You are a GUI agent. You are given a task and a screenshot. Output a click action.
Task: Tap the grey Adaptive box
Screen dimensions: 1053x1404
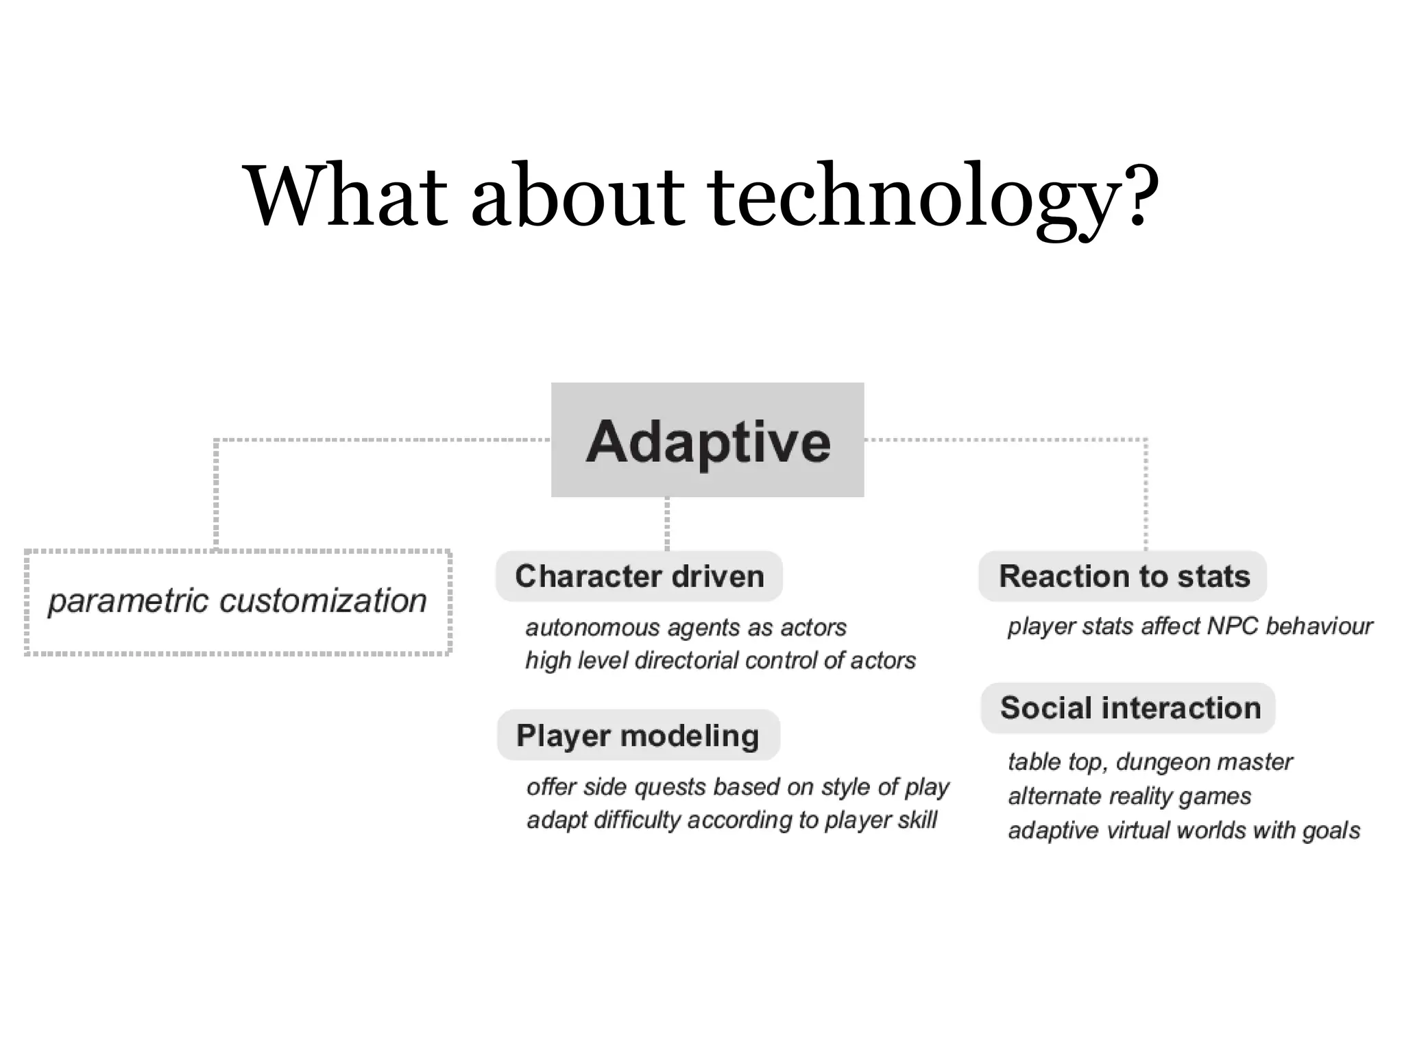[x=707, y=440]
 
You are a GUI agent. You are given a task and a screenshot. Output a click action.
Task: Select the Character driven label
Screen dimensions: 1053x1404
[x=639, y=577]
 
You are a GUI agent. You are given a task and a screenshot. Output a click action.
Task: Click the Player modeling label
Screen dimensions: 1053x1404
[x=638, y=736]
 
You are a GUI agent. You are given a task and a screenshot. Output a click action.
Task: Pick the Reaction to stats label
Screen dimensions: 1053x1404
[x=1123, y=577]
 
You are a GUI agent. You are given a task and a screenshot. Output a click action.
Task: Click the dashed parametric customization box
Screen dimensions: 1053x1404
[x=238, y=602]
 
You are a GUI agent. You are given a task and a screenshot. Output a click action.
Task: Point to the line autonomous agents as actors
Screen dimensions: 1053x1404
[x=686, y=627]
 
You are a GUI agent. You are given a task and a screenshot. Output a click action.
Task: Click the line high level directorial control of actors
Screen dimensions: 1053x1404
[x=720, y=660]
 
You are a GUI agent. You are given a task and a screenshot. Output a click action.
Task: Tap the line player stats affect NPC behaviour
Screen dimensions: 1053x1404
[x=1189, y=626]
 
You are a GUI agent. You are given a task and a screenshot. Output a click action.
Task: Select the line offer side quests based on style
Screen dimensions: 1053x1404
[x=737, y=787]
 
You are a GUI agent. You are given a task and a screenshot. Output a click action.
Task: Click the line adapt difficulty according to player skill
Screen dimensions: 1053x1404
[x=731, y=820]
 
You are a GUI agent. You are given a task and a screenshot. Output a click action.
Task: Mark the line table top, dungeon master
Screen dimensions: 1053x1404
[x=1150, y=762]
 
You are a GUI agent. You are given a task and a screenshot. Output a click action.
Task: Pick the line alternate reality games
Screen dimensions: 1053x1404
[x=1129, y=796]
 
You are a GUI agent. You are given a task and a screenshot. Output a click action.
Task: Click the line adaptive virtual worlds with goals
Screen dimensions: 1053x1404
[x=1183, y=830]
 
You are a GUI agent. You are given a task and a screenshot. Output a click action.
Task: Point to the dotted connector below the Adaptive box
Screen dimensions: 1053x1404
[x=667, y=523]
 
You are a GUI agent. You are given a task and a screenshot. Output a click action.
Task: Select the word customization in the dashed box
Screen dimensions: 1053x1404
[x=322, y=601]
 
